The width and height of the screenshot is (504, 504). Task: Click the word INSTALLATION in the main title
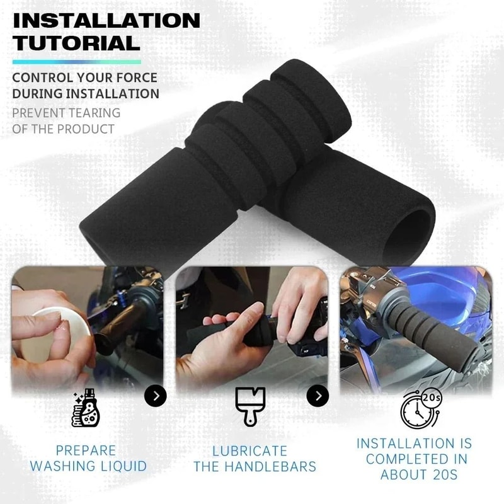tap(106, 20)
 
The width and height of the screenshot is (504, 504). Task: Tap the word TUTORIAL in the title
tap(76, 43)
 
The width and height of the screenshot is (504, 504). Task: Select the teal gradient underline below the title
tap(76, 62)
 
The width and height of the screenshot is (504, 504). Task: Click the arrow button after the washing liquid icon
tap(155, 396)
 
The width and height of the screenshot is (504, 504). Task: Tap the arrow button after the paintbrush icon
tap(318, 396)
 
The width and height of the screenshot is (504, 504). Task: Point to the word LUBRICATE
tap(249, 451)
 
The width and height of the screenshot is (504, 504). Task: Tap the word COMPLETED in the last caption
tap(407, 459)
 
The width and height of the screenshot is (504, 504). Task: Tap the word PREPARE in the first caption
tap(86, 451)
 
